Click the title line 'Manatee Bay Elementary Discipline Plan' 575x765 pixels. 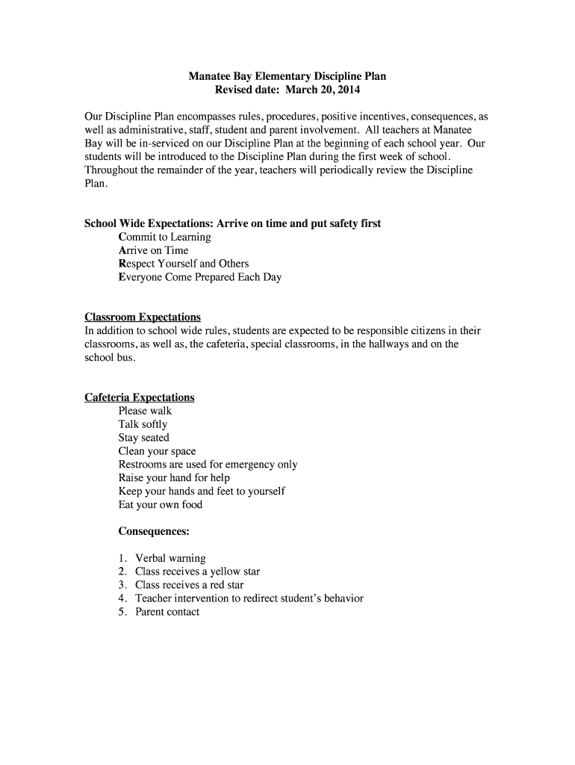(x=287, y=76)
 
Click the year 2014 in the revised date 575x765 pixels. (x=347, y=90)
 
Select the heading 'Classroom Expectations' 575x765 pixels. (x=142, y=317)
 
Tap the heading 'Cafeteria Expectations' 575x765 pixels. (x=139, y=397)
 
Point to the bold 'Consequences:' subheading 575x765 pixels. (x=154, y=531)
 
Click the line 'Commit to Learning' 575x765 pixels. (x=164, y=237)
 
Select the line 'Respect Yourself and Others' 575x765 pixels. (x=183, y=264)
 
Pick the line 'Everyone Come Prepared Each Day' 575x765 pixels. (x=199, y=277)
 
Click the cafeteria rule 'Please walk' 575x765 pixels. (x=145, y=411)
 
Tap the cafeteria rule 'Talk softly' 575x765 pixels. (x=143, y=424)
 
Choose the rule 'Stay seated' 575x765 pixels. (x=143, y=438)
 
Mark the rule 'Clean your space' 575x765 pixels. (x=157, y=451)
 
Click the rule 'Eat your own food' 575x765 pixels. (x=160, y=504)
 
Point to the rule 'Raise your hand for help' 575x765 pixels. (x=174, y=477)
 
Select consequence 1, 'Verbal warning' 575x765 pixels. (x=170, y=558)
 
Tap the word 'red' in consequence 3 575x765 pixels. (x=217, y=585)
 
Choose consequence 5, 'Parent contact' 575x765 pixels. (x=167, y=612)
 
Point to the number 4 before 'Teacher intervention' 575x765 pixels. (x=121, y=598)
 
